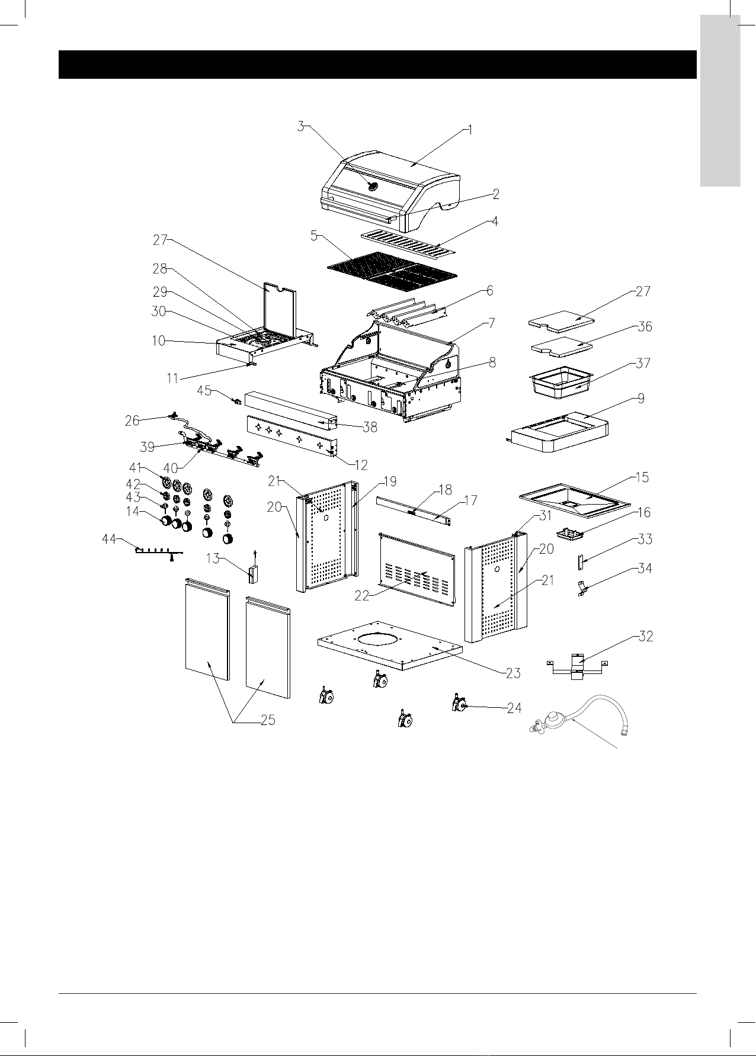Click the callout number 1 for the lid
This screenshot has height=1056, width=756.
coord(470,130)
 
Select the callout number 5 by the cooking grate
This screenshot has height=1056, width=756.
coord(314,235)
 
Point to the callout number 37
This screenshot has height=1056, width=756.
coord(643,363)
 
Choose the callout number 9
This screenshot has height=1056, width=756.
coord(641,399)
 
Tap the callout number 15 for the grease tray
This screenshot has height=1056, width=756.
coord(641,477)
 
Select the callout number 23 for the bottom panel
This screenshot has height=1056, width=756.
coord(513,673)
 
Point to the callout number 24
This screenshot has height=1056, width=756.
coord(514,708)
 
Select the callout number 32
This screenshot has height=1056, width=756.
coord(645,637)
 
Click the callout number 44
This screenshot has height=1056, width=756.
coord(108,539)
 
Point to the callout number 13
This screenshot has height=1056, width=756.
coord(213,557)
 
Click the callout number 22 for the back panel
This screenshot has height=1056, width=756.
coord(362,596)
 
